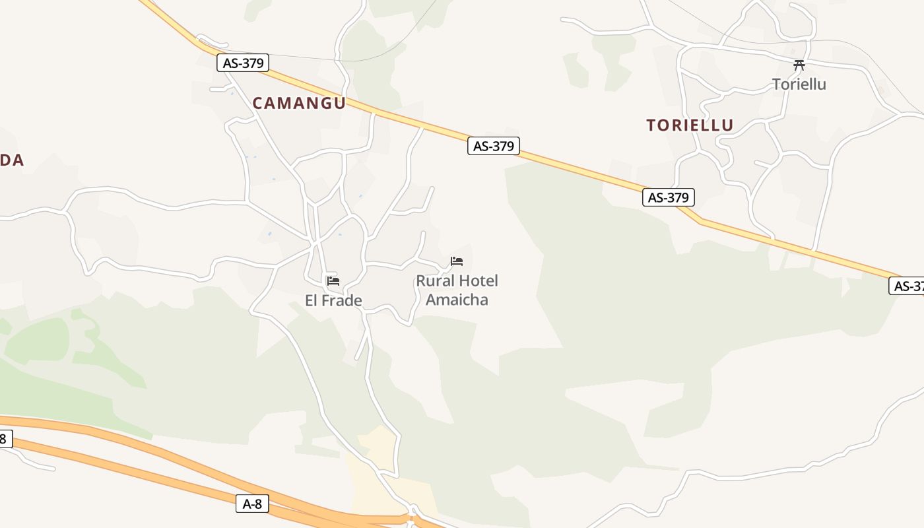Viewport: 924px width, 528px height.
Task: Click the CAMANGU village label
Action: tap(299, 103)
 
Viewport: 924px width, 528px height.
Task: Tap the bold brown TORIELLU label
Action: tap(690, 125)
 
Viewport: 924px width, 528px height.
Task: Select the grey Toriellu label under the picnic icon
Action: tap(799, 84)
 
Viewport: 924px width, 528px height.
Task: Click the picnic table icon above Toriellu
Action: tap(799, 65)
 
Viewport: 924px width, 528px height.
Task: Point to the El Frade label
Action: tap(333, 301)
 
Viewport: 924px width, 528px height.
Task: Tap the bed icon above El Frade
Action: tap(333, 281)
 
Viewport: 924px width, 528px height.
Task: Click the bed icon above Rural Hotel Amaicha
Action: tap(457, 261)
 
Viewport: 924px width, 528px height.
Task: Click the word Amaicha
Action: tap(457, 300)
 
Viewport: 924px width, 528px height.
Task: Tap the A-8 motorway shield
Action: tap(252, 504)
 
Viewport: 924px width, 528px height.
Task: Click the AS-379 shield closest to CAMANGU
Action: tap(243, 63)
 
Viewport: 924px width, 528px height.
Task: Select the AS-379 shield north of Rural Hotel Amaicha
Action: tap(494, 146)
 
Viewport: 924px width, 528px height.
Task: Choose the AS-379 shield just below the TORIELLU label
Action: tap(669, 197)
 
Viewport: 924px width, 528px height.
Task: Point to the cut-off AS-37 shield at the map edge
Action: tap(907, 286)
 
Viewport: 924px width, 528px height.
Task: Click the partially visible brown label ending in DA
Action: tap(11, 160)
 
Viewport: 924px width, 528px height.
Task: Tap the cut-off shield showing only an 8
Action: tap(5, 438)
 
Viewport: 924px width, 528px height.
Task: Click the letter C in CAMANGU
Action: tap(259, 103)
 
